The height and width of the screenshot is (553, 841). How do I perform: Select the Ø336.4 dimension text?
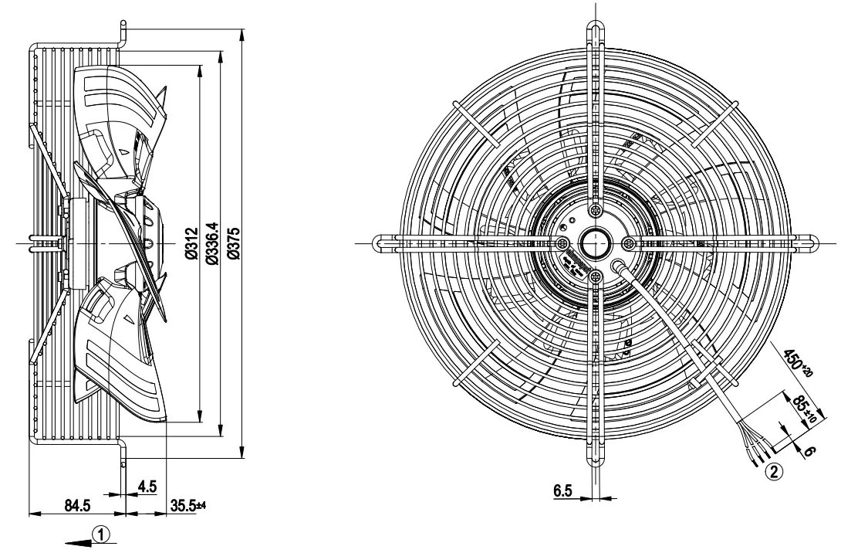click(212, 243)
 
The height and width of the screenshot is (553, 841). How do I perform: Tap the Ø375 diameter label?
click(234, 243)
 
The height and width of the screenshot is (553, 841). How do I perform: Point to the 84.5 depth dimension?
click(77, 505)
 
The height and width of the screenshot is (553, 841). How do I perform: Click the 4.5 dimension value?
click(147, 487)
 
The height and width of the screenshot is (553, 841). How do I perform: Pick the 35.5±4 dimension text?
click(188, 505)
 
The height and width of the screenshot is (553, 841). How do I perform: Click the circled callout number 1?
click(101, 534)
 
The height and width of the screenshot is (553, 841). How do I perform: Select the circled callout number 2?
click(773, 472)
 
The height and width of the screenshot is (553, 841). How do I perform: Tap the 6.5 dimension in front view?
click(562, 490)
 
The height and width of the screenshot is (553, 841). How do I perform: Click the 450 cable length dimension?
click(798, 364)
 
